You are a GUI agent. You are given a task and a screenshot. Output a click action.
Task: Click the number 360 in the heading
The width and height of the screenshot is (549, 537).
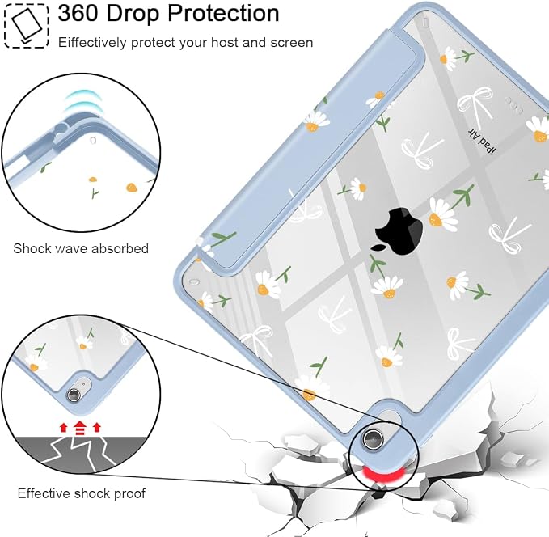[78, 13]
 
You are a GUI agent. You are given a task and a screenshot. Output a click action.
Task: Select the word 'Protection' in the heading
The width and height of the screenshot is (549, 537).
[223, 13]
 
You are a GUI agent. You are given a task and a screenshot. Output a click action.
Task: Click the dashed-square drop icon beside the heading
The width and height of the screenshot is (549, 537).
[26, 26]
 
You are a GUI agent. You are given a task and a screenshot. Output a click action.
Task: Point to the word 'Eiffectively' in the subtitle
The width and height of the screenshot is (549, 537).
[92, 43]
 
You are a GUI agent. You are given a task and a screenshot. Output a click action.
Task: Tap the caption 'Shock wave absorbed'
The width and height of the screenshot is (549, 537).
[81, 249]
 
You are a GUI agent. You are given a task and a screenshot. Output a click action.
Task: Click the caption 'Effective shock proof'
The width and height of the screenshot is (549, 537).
[81, 493]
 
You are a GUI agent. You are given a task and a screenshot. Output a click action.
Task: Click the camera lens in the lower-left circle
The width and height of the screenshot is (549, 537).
[74, 395]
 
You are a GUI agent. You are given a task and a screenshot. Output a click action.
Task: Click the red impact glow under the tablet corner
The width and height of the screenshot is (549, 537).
[382, 475]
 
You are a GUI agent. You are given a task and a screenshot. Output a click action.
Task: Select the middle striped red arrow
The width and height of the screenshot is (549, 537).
[80, 428]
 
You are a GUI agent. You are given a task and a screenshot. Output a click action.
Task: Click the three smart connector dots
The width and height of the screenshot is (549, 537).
[513, 105]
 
